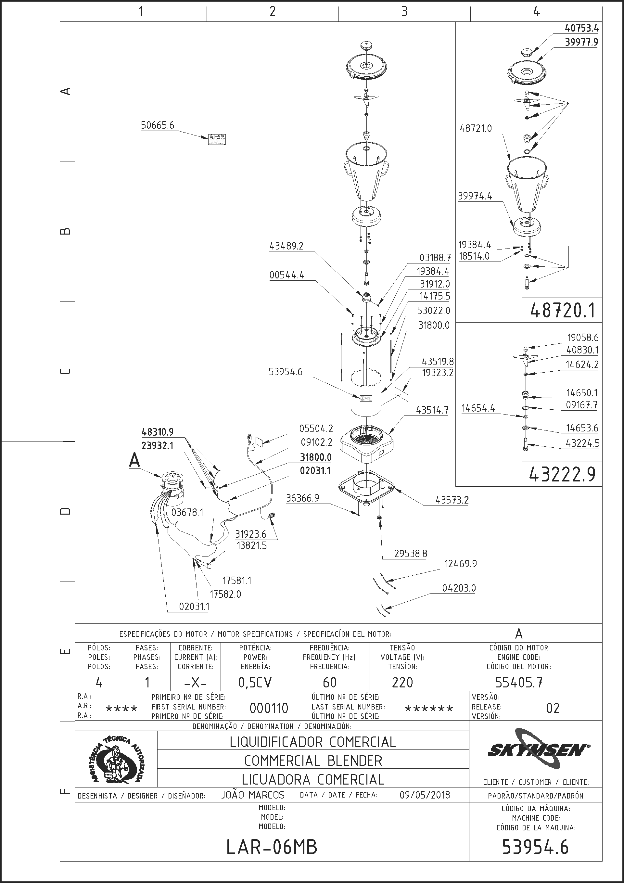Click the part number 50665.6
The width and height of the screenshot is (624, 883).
click(157, 125)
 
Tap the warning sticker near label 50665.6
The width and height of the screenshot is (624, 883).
click(217, 139)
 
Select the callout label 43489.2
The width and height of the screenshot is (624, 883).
click(287, 246)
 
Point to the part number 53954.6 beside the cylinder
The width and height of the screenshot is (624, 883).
click(286, 372)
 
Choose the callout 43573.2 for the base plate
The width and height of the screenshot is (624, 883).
click(452, 500)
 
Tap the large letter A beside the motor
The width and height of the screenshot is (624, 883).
click(134, 460)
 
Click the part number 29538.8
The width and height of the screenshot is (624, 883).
click(411, 554)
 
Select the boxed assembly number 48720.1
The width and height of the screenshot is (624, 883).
click(562, 310)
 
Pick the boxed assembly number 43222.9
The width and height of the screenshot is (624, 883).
click(562, 475)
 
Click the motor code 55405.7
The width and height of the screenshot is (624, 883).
click(519, 683)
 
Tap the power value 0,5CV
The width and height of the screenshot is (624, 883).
click(255, 683)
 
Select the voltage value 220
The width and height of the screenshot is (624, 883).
click(402, 683)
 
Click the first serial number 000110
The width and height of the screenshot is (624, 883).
click(269, 708)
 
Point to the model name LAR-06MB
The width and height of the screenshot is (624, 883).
click(272, 847)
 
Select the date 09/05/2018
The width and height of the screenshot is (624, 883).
click(425, 795)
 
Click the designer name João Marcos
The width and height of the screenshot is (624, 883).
click(253, 795)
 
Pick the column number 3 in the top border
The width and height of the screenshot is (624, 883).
click(404, 12)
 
